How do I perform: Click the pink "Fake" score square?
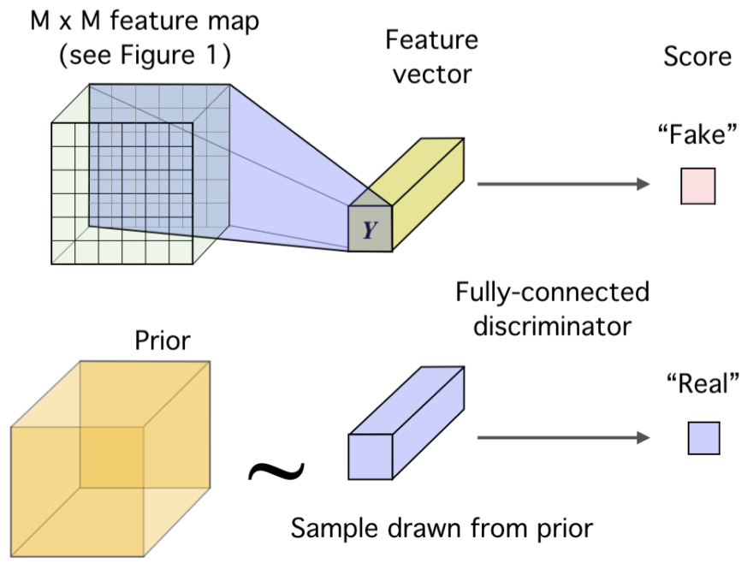click(x=697, y=187)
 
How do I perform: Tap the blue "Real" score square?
click(x=703, y=438)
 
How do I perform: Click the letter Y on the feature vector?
click(x=370, y=229)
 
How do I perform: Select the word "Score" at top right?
click(x=697, y=56)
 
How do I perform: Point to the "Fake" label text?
click(x=697, y=137)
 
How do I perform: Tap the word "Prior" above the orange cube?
click(x=163, y=341)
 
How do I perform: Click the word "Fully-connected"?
click(x=553, y=293)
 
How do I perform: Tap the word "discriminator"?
click(x=552, y=327)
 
